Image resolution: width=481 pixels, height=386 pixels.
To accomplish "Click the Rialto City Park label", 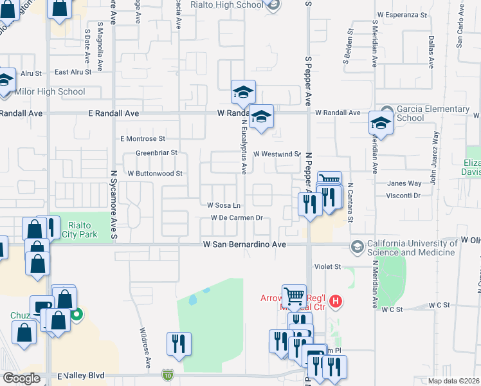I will click(80, 230).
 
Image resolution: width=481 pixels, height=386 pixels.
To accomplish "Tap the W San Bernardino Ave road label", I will click(244, 244).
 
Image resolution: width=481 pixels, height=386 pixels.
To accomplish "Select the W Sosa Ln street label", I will click(223, 205).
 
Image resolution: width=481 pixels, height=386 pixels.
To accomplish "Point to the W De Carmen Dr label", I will click(237, 218).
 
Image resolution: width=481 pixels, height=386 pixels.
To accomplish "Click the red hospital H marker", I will click(334, 300).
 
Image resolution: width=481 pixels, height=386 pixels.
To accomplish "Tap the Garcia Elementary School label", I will click(433, 113).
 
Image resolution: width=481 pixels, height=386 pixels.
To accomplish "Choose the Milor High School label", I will click(50, 91).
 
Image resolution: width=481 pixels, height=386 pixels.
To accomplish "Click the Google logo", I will click(21, 378).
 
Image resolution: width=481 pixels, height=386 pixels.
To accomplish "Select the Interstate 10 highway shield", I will click(167, 374).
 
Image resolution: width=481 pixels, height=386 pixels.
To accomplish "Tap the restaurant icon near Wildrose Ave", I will click(177, 344).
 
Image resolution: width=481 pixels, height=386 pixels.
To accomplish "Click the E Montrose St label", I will click(142, 138).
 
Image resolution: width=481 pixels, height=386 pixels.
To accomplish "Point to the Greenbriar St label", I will click(156, 152).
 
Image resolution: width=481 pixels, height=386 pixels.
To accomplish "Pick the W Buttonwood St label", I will click(155, 174).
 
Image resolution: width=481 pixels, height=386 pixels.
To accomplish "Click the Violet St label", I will click(327, 266).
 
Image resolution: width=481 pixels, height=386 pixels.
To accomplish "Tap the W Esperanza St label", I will click(402, 14).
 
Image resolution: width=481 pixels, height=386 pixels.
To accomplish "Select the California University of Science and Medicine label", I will click(411, 248).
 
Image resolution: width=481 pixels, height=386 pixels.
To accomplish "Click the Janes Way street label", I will click(404, 183).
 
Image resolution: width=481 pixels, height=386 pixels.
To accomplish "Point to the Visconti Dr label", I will click(404, 195).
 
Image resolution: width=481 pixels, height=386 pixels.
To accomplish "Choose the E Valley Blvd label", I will click(80, 376).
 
